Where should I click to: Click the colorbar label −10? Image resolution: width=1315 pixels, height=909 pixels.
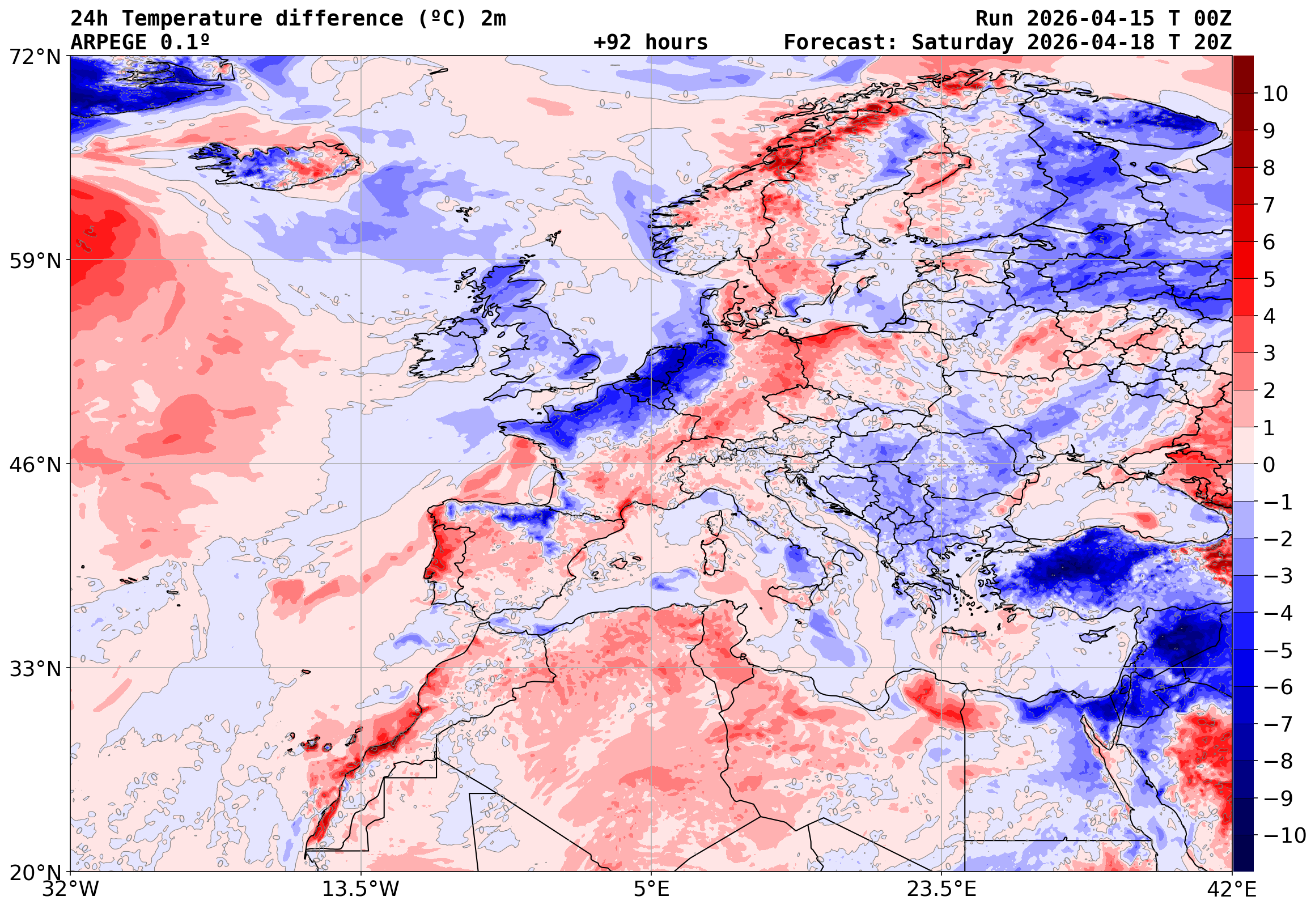[1285, 836]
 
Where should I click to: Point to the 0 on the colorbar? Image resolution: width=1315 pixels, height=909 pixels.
[1269, 465]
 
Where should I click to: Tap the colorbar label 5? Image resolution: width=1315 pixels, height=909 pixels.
[1269, 279]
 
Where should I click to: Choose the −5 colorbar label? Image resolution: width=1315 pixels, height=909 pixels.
[1278, 651]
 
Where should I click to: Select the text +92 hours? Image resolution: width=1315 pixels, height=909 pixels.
[650, 42]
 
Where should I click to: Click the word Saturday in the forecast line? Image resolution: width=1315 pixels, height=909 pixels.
[962, 42]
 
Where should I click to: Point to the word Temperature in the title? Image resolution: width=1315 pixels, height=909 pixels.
[192, 19]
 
